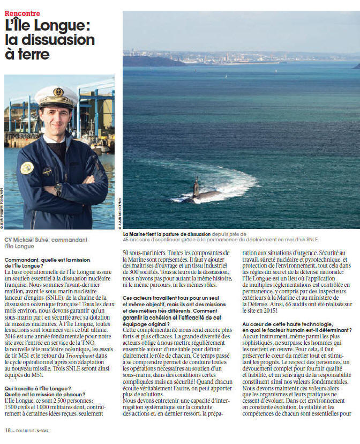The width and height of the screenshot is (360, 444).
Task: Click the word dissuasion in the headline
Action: (61, 39)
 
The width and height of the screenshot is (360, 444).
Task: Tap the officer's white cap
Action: (56, 95)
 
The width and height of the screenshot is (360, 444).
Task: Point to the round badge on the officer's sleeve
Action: (27, 168)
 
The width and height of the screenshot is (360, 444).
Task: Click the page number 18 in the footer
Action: (7, 430)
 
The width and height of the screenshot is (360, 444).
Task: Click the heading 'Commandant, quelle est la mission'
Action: (42, 260)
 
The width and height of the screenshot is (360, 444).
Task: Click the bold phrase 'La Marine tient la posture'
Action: (161, 234)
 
